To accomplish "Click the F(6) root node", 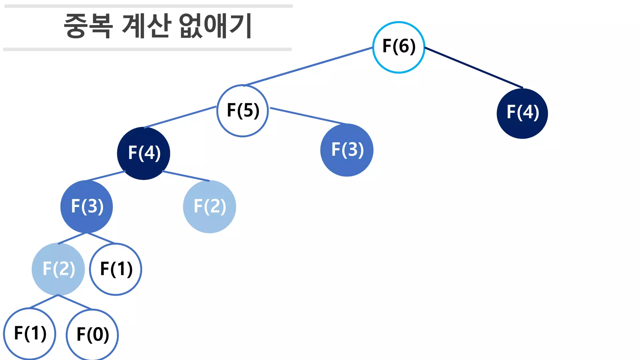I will coord(398,47).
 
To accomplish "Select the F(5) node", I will coord(242,111).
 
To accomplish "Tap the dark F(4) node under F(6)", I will coord(522,113).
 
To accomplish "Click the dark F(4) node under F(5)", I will coord(143,153).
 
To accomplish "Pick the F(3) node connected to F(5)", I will coord(347,150).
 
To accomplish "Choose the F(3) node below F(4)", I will coord(87,207).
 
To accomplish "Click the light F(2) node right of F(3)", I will coord(209,207).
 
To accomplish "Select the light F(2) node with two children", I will coord(58,269).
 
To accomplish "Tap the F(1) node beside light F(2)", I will coord(116,269).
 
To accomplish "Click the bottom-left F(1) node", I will coord(30,334).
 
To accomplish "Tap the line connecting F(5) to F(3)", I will coord(308,116).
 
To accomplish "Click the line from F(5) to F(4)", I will coord(180,117).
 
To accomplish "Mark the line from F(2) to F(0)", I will coord(75,302).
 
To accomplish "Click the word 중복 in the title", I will coord(88,26).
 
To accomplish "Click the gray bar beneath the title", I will coord(147,49).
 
